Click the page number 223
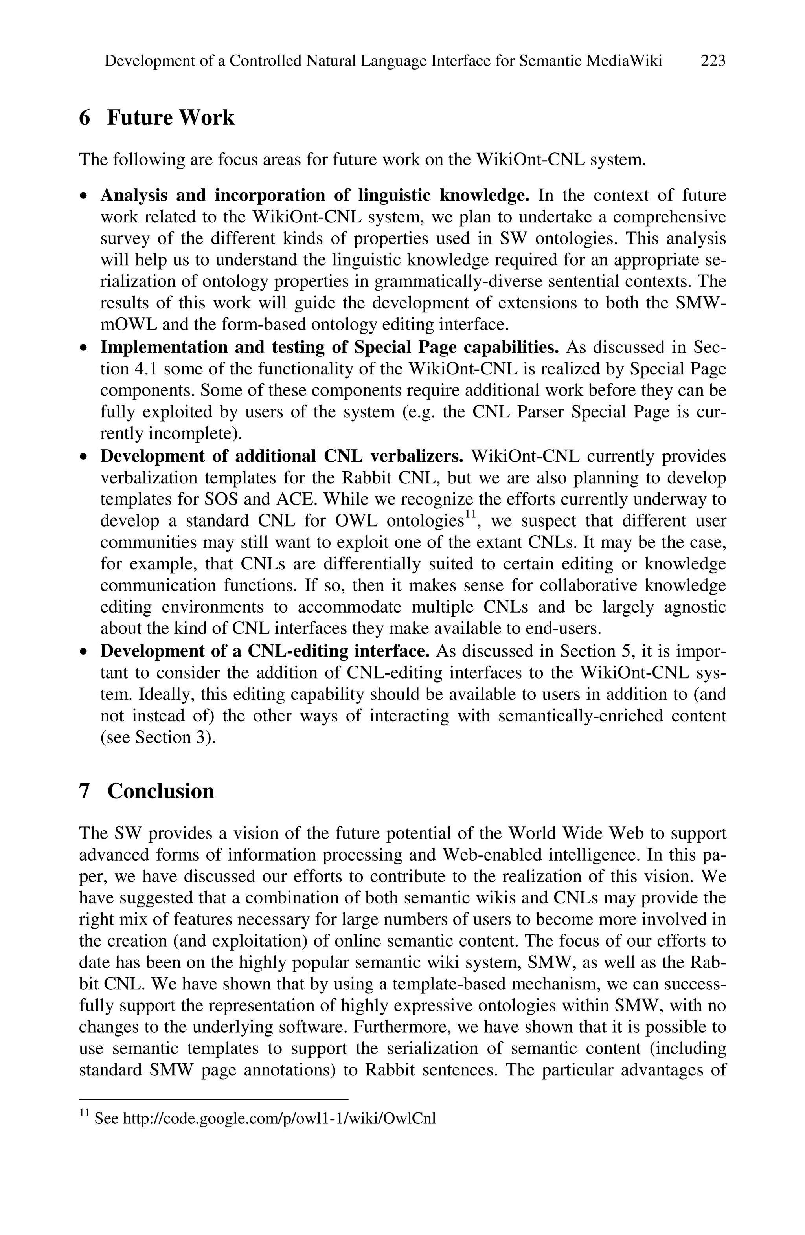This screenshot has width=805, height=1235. pos(713,61)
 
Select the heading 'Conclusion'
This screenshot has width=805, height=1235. pos(160,791)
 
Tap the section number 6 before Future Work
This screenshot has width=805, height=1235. pos(85,118)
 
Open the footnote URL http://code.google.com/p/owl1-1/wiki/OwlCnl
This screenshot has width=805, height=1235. pos(279,1118)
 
